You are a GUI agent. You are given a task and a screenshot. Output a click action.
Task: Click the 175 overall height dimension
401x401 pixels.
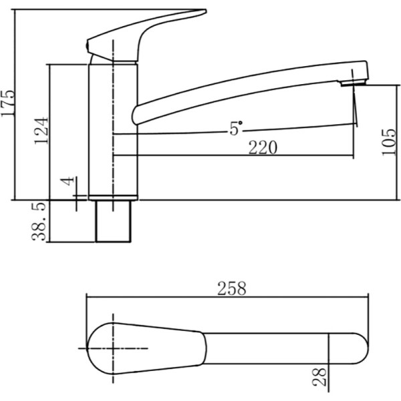pos(7,103)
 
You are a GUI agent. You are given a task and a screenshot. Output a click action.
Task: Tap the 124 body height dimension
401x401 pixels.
pos(41,131)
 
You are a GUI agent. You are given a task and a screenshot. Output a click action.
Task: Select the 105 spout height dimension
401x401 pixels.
pos(388,142)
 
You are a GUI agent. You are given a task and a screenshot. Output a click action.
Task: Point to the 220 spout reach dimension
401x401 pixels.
pos(263,147)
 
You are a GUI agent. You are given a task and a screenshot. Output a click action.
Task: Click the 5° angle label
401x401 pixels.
pos(235,128)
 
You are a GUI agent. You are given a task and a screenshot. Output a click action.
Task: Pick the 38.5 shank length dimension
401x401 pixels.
pos(38,221)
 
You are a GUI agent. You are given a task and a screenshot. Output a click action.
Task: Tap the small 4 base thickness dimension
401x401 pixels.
pos(68,181)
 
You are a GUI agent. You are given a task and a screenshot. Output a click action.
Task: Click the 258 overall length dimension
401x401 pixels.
pos(231,288)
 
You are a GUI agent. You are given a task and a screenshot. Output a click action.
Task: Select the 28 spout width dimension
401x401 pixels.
pos(319,376)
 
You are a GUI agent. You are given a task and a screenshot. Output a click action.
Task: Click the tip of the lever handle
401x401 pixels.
pos(205,11)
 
